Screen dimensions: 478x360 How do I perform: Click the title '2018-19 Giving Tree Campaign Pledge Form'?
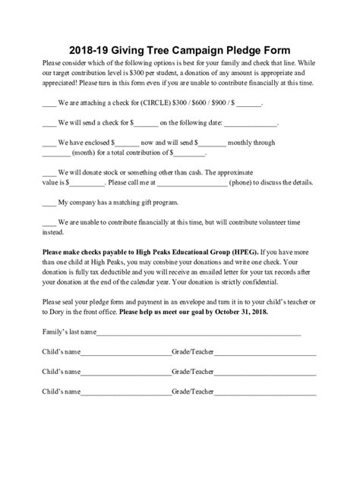pyautogui.click(x=180, y=44)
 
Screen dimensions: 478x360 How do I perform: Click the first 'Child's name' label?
pyautogui.click(x=62, y=352)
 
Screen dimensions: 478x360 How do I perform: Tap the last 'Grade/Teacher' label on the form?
pyautogui.click(x=193, y=393)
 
